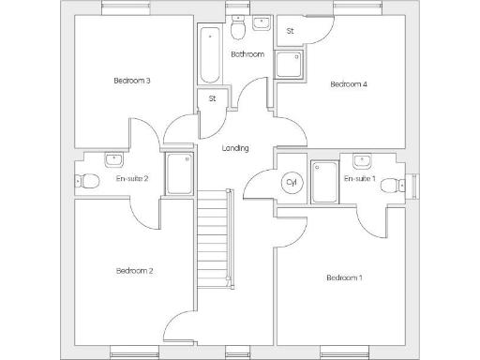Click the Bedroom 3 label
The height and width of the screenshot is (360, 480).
(132, 81)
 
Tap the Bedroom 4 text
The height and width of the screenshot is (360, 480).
(348, 84)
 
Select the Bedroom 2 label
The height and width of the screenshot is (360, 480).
(134, 271)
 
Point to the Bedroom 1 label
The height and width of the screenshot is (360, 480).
(344, 277)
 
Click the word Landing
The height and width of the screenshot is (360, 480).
(235, 148)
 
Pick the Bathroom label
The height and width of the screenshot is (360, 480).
(247, 54)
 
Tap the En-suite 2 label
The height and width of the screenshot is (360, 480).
(132, 178)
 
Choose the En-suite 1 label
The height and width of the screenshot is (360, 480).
(359, 178)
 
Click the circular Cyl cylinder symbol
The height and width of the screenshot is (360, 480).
(291, 182)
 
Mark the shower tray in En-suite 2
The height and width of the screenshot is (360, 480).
(179, 174)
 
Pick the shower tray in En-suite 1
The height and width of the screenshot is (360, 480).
(324, 182)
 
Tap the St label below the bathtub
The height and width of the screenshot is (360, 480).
(213, 98)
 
